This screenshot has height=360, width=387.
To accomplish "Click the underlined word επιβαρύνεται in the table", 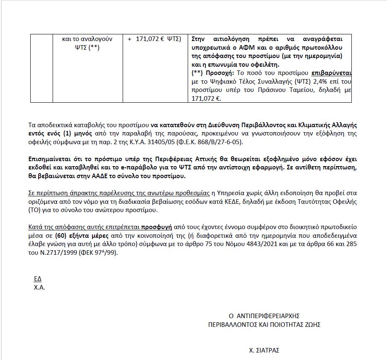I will [x=331, y=73].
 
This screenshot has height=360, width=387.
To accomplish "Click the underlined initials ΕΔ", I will [x=38, y=278].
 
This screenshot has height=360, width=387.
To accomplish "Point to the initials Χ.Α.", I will [x=40, y=287].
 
